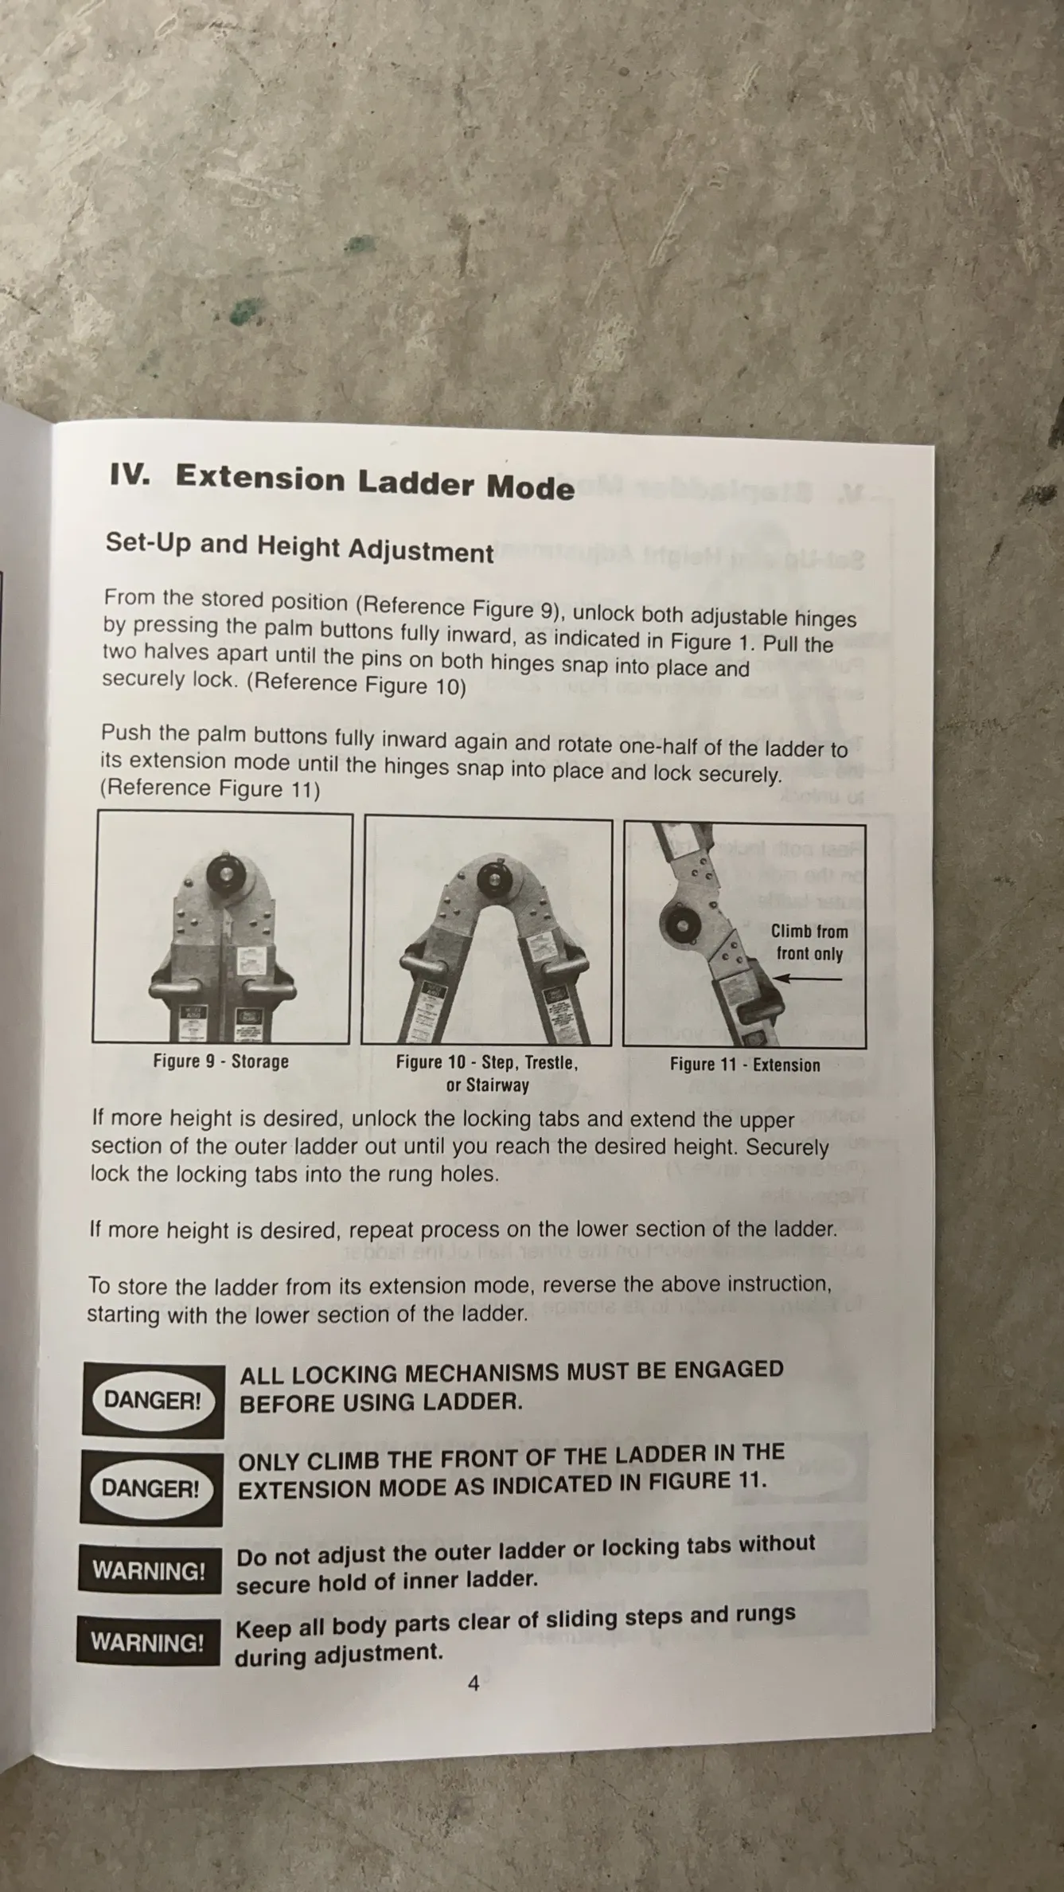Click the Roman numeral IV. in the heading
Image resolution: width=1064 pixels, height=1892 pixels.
click(131, 475)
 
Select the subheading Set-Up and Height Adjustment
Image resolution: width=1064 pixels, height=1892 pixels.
click(299, 547)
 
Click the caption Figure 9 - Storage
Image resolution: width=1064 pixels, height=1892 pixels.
click(220, 1061)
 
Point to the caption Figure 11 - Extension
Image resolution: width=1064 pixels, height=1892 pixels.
click(745, 1065)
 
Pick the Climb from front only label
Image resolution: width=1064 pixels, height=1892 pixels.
click(809, 942)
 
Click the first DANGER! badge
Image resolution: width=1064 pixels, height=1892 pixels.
click(153, 1401)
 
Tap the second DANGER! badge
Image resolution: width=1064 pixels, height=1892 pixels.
click(151, 1488)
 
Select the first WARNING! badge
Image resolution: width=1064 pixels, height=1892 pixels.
click(149, 1570)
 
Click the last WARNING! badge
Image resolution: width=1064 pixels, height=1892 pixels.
click(147, 1642)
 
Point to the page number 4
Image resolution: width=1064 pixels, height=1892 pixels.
click(474, 1683)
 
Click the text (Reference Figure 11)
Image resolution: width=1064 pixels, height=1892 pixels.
click(210, 788)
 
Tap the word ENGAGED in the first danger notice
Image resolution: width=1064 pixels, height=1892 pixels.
click(729, 1370)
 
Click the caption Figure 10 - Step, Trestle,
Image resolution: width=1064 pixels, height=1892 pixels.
click(487, 1062)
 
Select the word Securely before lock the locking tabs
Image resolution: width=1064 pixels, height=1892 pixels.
click(787, 1148)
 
